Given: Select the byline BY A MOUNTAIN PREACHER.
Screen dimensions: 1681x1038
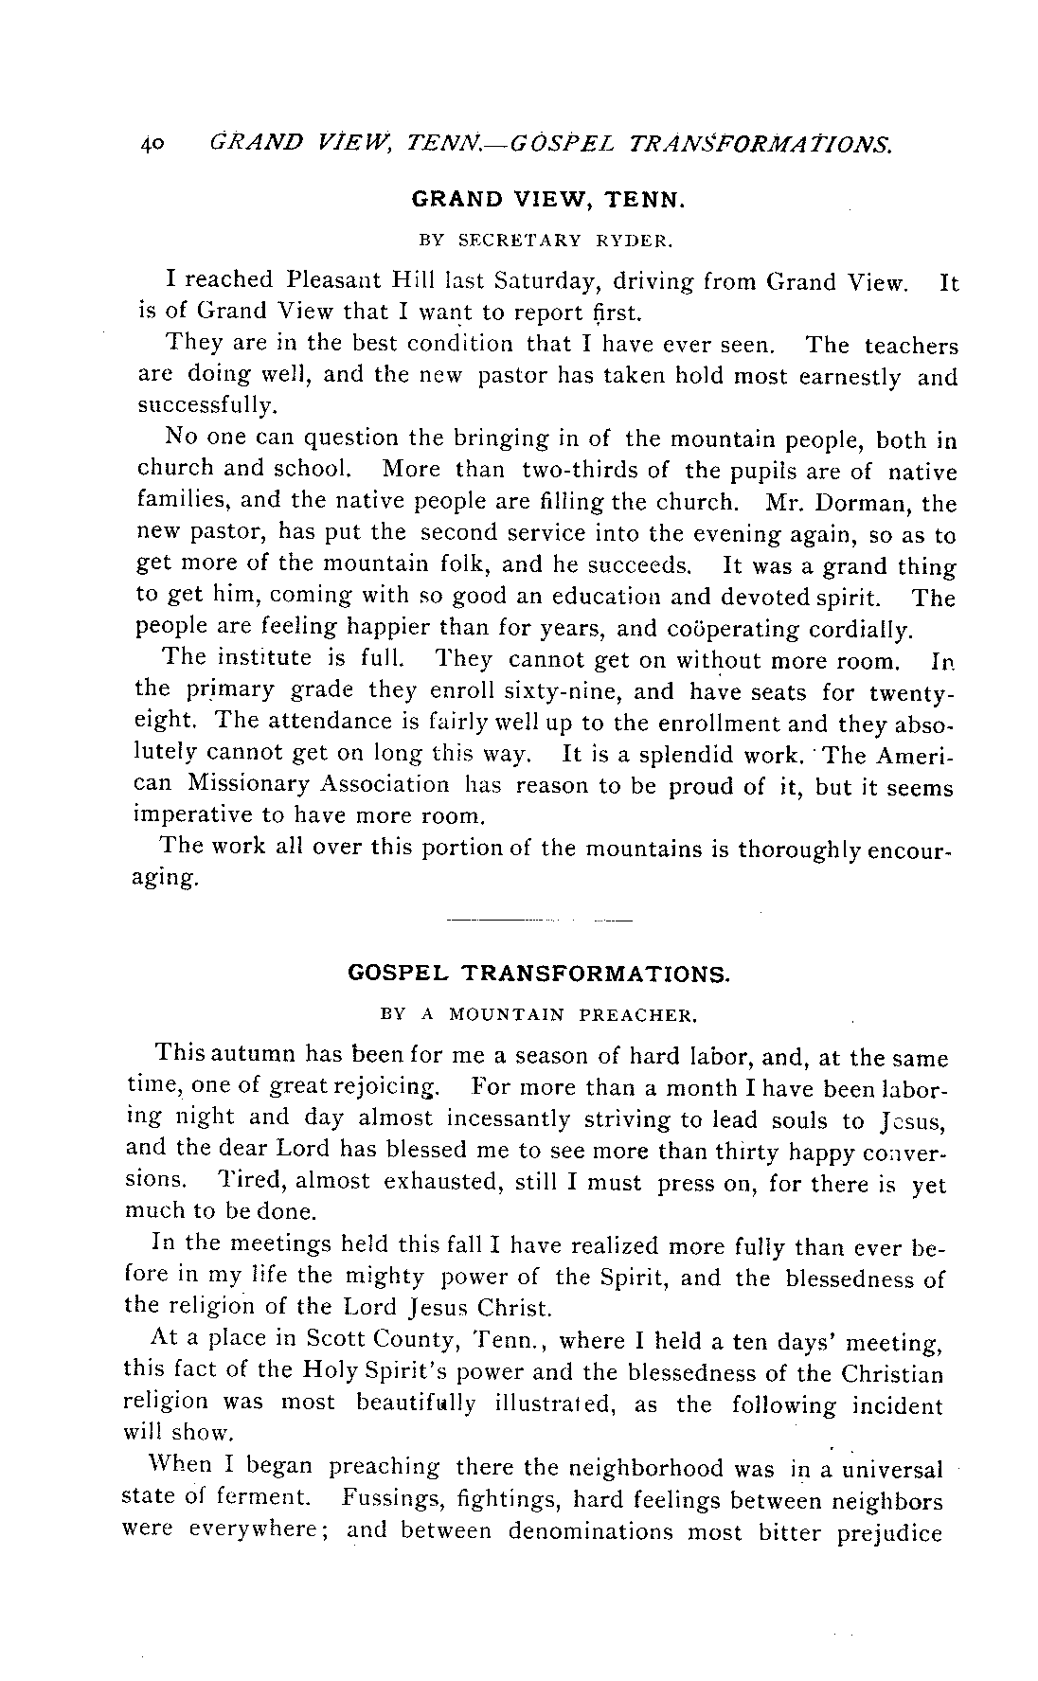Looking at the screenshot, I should pos(538,1015).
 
